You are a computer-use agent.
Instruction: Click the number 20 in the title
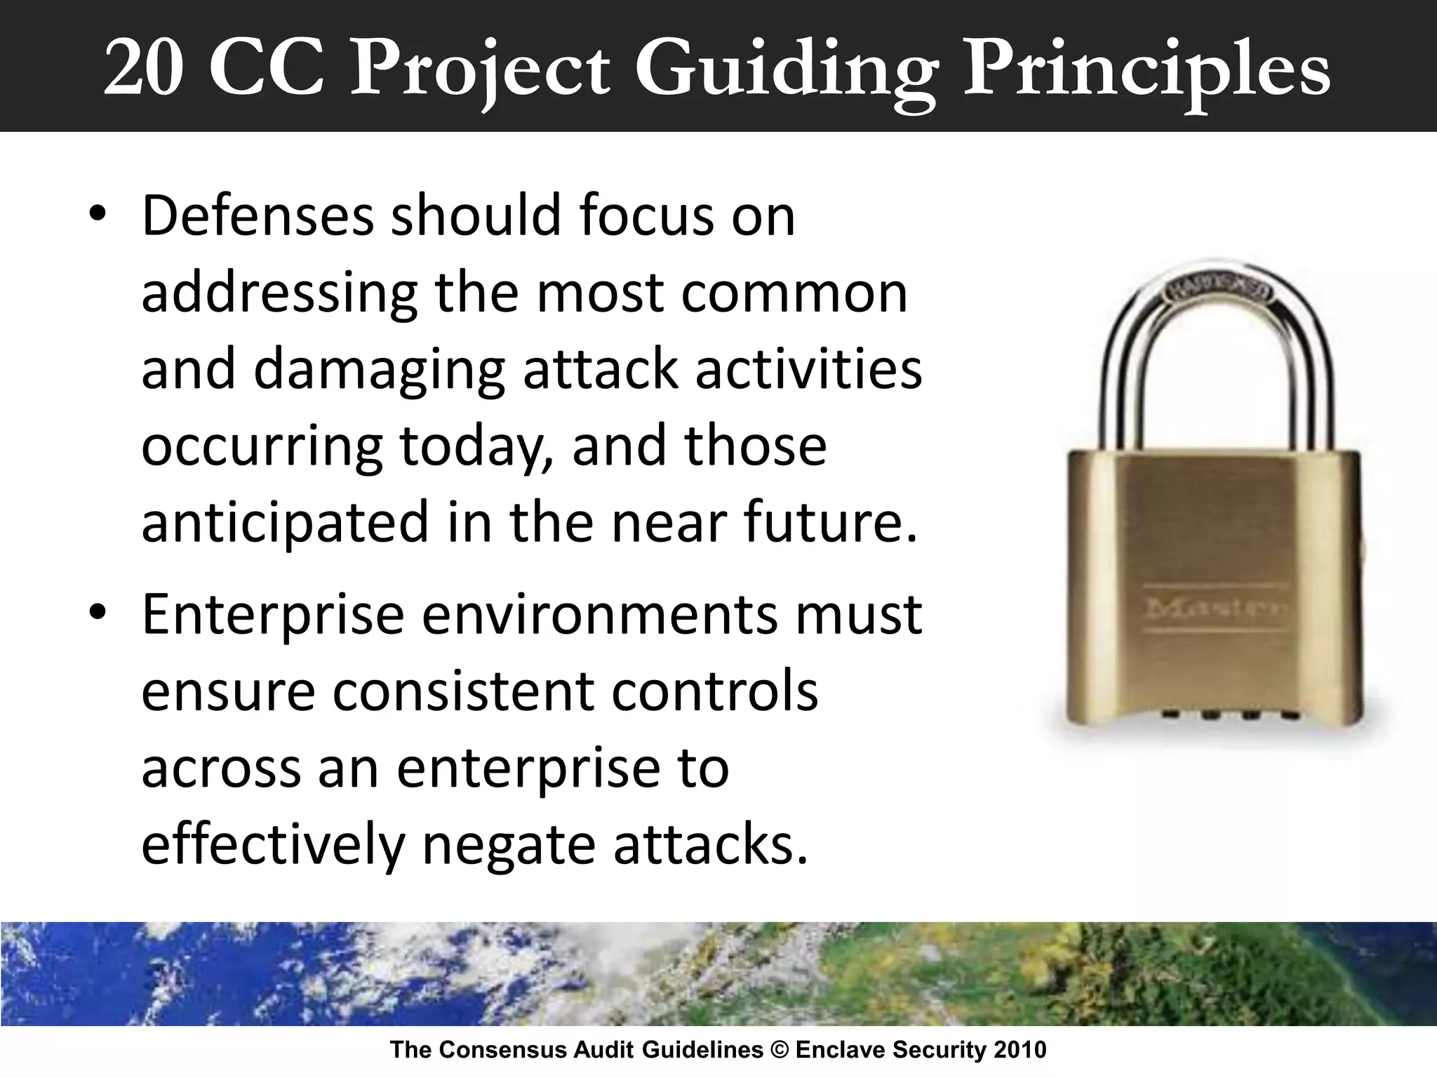coord(144,69)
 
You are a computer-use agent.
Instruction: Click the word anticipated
coord(285,523)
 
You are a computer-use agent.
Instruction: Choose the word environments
coord(599,613)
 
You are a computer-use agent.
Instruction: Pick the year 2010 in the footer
coord(1018,1051)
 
